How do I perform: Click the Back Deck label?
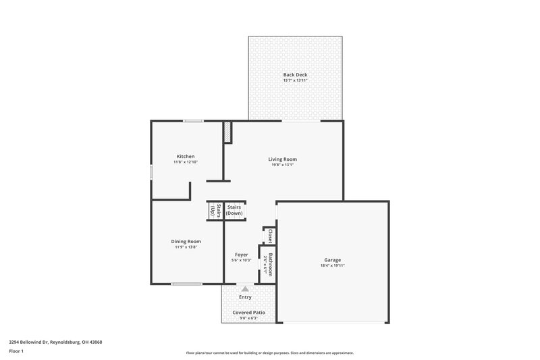[x=295, y=74]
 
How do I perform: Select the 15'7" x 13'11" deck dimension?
[x=295, y=80]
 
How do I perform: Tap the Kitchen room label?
[x=186, y=156]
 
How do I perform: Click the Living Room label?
[x=282, y=159]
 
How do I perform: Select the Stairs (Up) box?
[x=214, y=211]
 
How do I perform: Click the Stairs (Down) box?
[x=234, y=211]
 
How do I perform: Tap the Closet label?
[x=269, y=236]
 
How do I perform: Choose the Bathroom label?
[x=269, y=264]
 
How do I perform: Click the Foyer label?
[x=242, y=255]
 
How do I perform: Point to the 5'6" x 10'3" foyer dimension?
[x=242, y=261]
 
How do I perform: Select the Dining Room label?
[x=185, y=241]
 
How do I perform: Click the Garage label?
[x=332, y=259]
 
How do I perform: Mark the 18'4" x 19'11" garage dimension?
[x=332, y=266]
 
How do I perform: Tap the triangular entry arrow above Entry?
[x=245, y=288]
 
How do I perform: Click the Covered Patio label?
[x=249, y=313]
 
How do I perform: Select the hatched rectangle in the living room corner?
[x=229, y=132]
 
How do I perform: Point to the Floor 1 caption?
[x=17, y=352]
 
